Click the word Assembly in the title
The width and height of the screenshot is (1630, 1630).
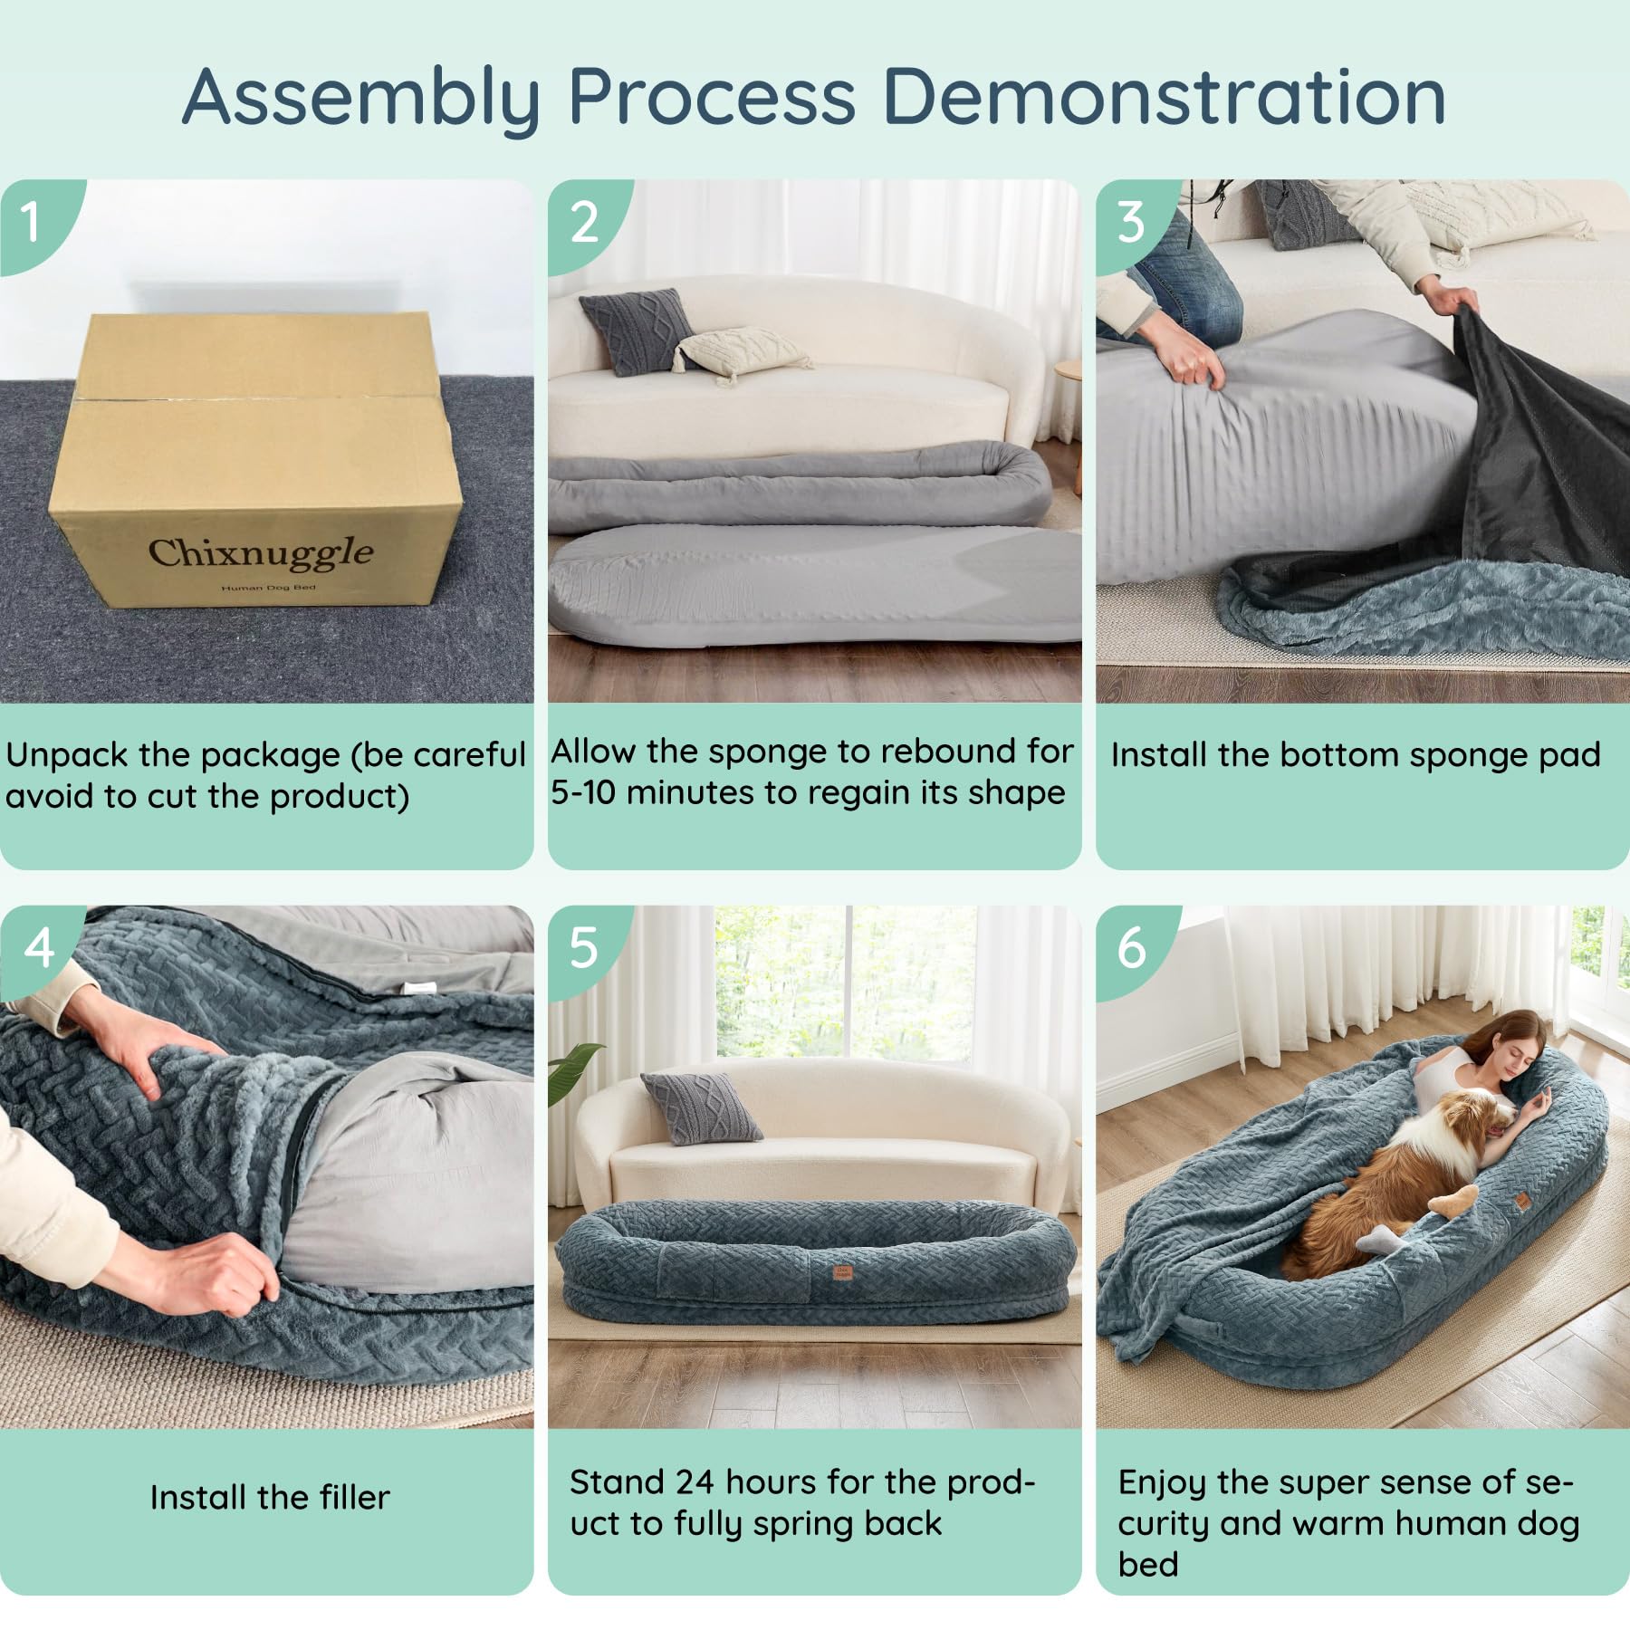coord(361,99)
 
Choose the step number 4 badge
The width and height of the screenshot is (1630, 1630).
coord(38,949)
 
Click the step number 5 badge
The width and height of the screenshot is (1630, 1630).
coord(585,949)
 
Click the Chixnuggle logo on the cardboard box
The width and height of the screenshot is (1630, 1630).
coord(261,552)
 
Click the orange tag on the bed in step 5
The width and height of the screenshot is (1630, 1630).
coord(843,1273)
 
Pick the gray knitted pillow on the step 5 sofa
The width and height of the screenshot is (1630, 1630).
coord(701,1107)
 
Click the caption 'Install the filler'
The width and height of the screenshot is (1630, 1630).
coord(270,1498)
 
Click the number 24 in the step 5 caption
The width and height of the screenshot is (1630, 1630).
coord(695,1482)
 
